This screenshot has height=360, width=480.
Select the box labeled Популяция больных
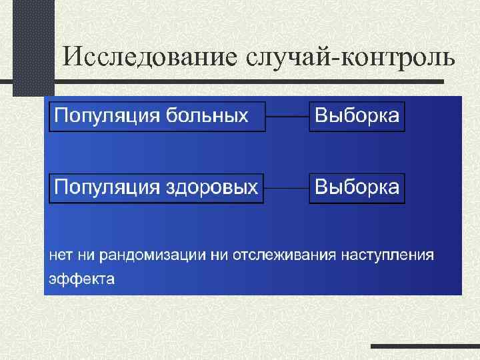157,117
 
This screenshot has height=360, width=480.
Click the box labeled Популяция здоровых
157,187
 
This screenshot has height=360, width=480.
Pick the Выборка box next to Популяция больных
357,117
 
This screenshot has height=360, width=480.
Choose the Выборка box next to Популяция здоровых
357,187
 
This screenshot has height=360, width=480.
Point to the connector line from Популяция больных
287,117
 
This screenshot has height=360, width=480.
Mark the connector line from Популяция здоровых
287,188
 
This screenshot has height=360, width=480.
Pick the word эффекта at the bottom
81,278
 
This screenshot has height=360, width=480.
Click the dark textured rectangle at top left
33,47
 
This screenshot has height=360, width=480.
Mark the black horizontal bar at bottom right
425,347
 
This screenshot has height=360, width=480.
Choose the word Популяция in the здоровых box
107,187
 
